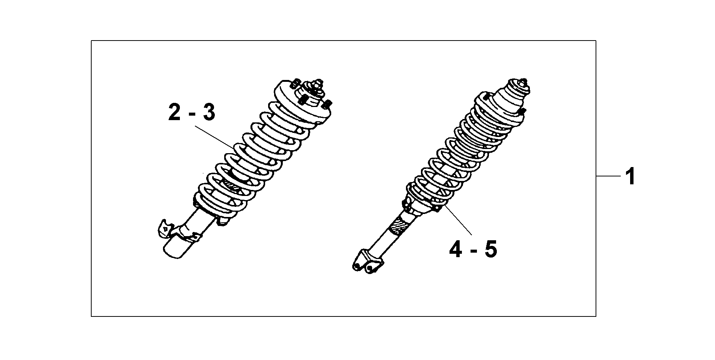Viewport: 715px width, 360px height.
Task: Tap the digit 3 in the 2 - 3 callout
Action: [x=209, y=113]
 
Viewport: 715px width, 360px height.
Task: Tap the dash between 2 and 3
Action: [x=192, y=114]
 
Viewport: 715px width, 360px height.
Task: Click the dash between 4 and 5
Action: [x=473, y=251]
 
